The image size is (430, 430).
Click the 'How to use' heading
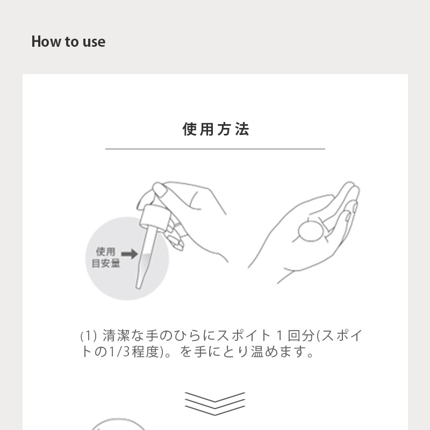[68, 42]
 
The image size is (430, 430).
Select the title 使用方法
[216, 129]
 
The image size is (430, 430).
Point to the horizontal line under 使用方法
[216, 149]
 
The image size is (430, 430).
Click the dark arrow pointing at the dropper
[130, 254]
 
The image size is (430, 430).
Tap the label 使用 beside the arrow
[105, 251]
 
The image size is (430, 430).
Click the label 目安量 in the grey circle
[106, 263]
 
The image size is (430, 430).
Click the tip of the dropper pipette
[138, 287]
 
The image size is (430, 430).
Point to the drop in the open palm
[311, 232]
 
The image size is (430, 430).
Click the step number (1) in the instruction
[88, 335]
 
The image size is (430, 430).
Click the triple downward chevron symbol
[215, 404]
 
